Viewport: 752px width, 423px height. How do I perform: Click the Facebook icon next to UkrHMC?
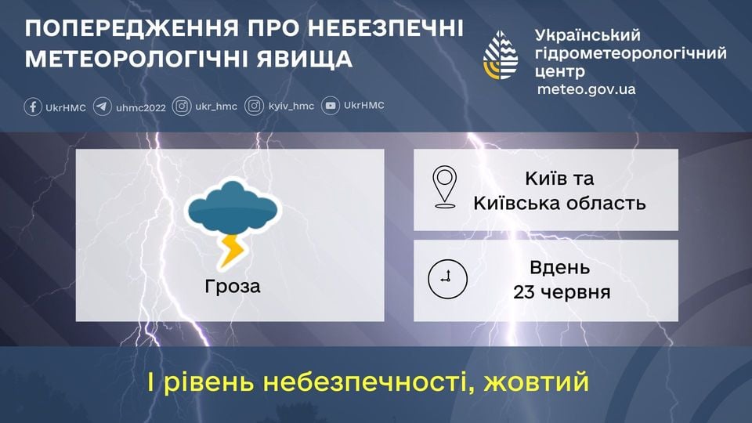pyautogui.click(x=33, y=107)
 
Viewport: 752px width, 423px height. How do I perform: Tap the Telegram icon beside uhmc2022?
pyautogui.click(x=102, y=107)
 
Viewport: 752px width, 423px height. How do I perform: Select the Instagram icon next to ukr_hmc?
pyautogui.click(x=182, y=107)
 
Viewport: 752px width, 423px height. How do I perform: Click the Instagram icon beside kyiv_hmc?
pyautogui.click(x=254, y=107)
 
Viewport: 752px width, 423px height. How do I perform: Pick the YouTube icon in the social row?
pyautogui.click(x=331, y=107)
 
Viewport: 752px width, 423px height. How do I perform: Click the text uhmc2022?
pyautogui.click(x=141, y=107)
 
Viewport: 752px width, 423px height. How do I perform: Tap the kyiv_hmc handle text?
pyautogui.click(x=291, y=107)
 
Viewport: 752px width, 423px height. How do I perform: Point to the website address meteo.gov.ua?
pyautogui.click(x=586, y=89)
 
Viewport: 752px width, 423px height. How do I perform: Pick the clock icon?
pyautogui.click(x=447, y=278)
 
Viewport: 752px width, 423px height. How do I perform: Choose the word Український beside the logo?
pyautogui.click(x=587, y=35)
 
